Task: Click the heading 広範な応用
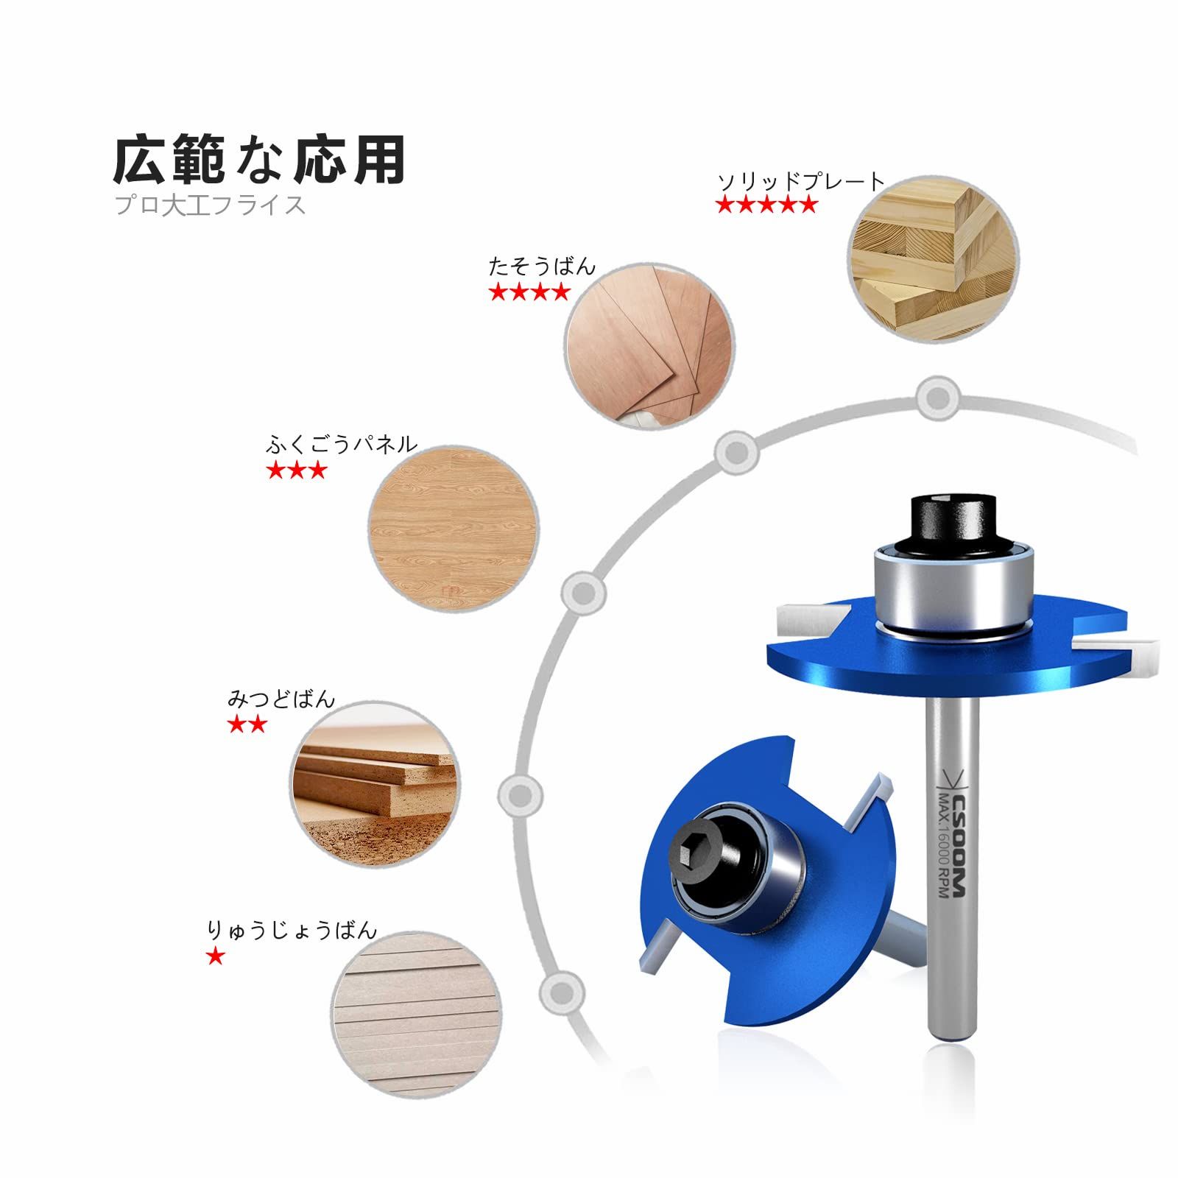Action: pos(259,159)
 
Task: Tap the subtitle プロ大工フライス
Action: pos(210,205)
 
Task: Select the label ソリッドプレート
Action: pos(800,181)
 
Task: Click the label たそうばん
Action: pos(542,266)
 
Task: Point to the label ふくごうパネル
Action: pos(342,444)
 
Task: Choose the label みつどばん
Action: pos(281,698)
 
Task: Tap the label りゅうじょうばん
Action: pos(292,930)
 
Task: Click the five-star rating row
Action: pos(767,205)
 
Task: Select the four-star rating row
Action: pos(529,292)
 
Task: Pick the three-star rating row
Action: pos(297,470)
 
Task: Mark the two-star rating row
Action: pos(247,724)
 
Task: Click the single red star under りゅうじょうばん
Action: pos(216,956)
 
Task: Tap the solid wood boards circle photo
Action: pos(933,259)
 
